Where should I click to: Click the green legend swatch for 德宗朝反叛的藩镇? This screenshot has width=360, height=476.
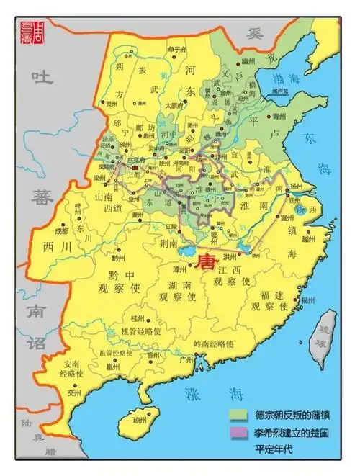tap(239, 415)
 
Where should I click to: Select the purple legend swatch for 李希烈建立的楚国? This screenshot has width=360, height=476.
tap(239, 432)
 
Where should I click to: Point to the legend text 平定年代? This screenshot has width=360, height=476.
tap(276, 450)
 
